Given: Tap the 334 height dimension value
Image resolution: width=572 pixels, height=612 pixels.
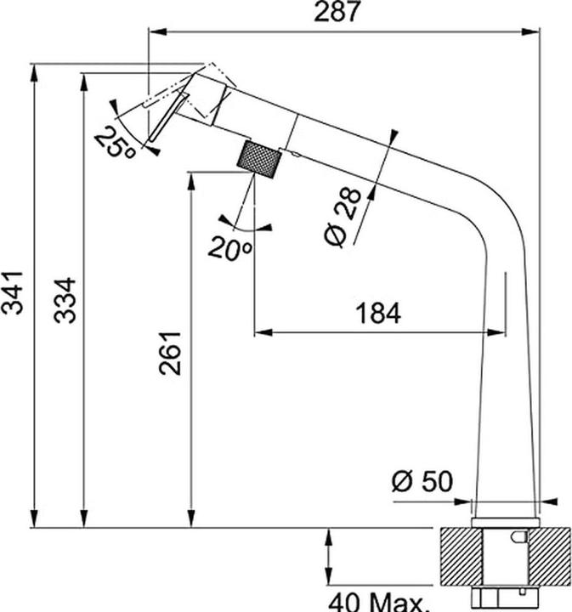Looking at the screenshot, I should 65,299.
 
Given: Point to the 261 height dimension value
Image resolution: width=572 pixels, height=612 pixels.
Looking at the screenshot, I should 171,351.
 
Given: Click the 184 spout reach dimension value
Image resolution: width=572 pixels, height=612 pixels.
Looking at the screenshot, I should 375,313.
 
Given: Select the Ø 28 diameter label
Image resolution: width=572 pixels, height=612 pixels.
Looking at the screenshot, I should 343,218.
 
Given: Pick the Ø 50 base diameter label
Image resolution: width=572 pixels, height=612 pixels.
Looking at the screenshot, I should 422,483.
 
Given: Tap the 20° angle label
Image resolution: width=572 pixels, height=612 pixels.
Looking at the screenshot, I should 229,248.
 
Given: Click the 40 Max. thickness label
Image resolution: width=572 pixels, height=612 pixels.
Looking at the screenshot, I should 379,602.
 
